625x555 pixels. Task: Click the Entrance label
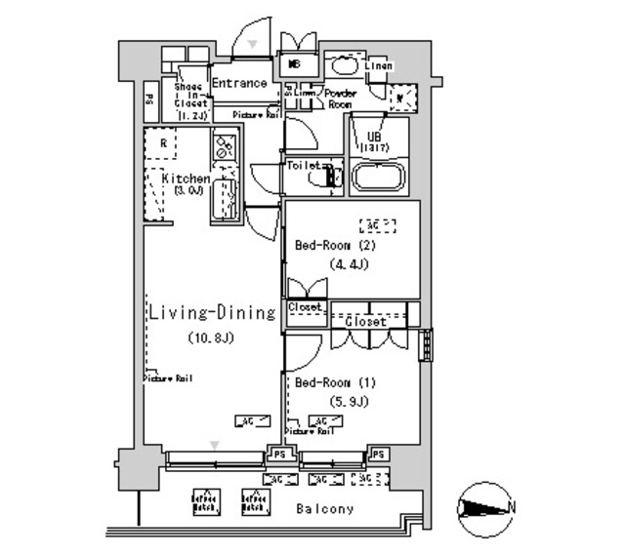tap(239, 84)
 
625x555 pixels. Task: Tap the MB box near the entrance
tap(295, 64)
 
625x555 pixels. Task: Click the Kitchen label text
tap(186, 179)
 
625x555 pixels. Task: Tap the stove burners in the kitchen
tap(224, 150)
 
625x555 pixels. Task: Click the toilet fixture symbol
tap(330, 177)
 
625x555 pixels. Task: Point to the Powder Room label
tap(340, 99)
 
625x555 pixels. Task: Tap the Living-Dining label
tap(212, 313)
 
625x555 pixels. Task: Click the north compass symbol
tap(485, 509)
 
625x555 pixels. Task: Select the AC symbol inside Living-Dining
tap(245, 421)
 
